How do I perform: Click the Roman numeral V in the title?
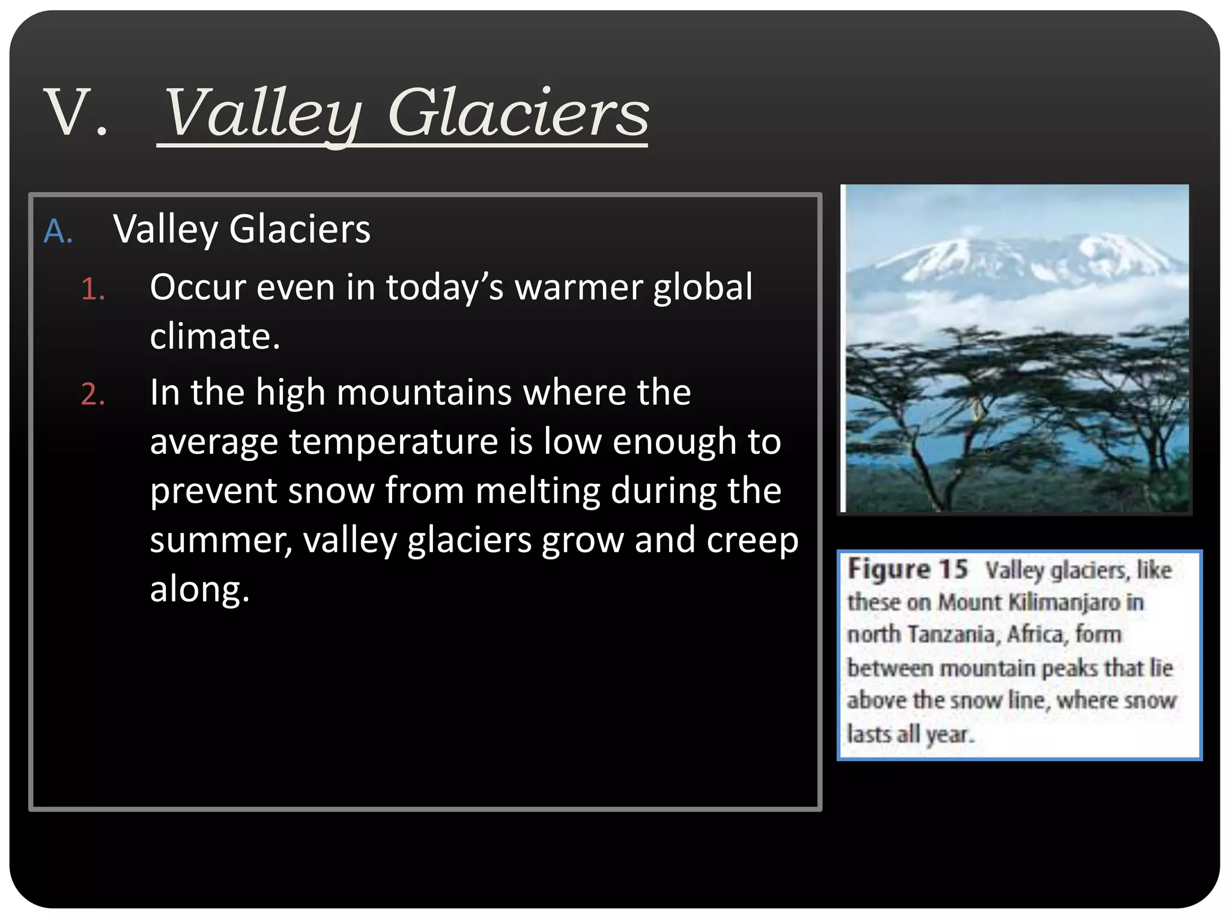67,113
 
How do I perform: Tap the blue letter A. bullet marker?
58,231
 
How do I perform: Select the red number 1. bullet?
93,289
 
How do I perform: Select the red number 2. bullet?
93,395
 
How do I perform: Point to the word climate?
214,336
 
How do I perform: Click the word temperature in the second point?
393,442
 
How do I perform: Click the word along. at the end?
199,589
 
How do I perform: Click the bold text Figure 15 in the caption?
907,569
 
